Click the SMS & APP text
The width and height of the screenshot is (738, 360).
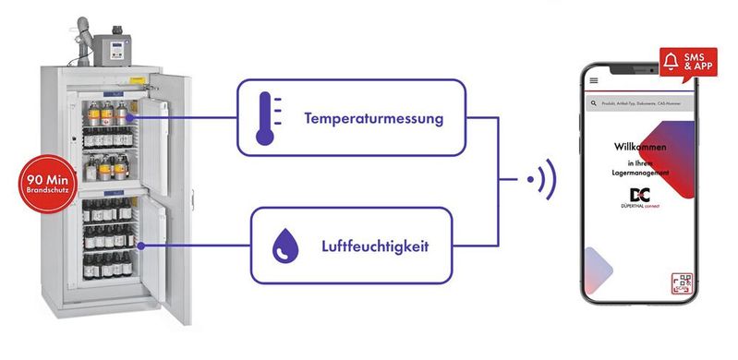(x=697, y=63)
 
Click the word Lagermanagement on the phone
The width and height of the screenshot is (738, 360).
(x=642, y=173)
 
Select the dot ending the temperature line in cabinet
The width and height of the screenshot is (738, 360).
(x=138, y=118)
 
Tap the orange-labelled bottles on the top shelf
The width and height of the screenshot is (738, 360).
(x=104, y=116)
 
